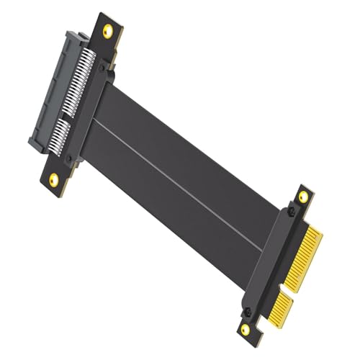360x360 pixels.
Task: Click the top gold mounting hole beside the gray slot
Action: point(109,30)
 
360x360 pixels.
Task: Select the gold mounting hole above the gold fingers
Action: point(303,196)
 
